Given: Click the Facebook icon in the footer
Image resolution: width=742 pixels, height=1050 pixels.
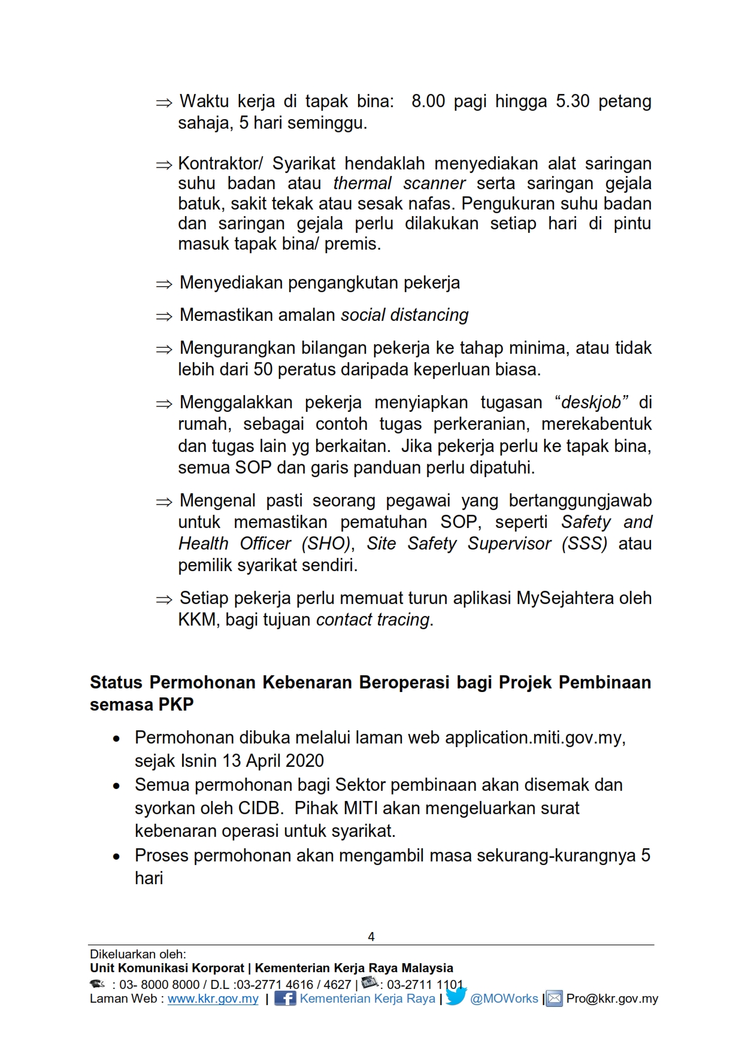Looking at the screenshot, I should click(x=285, y=999).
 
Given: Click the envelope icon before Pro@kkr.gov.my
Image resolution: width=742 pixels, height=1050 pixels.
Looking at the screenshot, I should click(x=555, y=999).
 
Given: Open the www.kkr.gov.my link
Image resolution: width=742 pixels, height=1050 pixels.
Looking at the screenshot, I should click(x=213, y=999).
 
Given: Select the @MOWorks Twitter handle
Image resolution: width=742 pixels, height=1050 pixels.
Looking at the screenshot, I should click(x=504, y=999).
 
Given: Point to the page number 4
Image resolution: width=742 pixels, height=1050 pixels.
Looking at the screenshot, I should click(x=371, y=936).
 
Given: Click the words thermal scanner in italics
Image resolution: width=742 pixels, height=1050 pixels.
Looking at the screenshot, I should click(x=399, y=183).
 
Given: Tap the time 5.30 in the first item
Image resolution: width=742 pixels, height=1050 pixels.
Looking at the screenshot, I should click(x=573, y=101).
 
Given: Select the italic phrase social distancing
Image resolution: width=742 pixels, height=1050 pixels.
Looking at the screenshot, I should click(x=405, y=315).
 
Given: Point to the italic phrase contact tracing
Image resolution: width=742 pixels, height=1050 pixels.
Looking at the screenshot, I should click(x=372, y=620).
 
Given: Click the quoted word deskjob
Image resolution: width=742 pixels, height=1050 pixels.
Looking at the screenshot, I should click(x=591, y=402).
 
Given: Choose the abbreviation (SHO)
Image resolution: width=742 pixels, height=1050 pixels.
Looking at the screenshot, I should click(x=326, y=544).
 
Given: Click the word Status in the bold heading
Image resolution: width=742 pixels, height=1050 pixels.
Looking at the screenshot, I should click(x=116, y=682).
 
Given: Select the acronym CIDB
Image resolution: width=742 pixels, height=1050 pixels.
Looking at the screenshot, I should click(x=260, y=808).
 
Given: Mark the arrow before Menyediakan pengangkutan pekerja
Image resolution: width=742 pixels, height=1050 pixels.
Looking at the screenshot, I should click(x=163, y=284).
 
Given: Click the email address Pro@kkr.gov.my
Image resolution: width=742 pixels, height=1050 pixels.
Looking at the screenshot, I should click(x=612, y=999).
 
